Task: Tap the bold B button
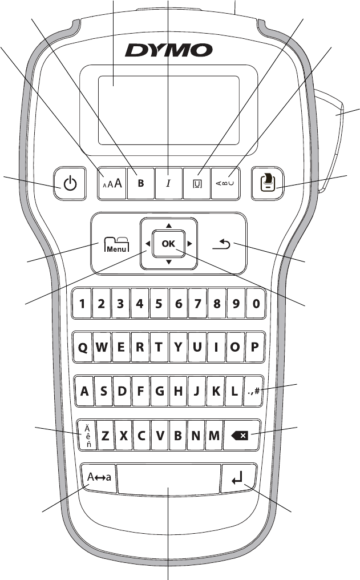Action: point(140,183)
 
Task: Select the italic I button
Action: point(168,183)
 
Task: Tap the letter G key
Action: point(159,392)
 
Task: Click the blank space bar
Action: point(169,478)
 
